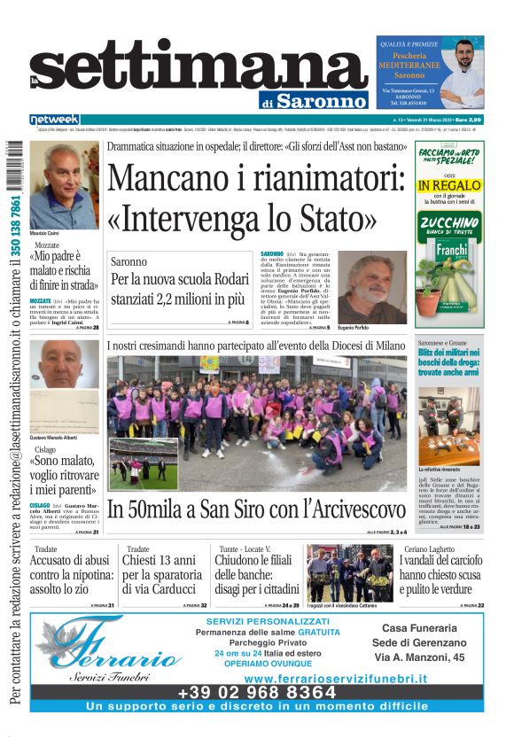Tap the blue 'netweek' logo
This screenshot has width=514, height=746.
55,120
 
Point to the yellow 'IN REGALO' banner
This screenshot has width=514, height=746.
449,185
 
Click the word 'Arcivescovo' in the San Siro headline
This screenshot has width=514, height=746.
345,509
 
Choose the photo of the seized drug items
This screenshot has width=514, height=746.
449,426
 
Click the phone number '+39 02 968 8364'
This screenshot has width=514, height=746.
257,691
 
